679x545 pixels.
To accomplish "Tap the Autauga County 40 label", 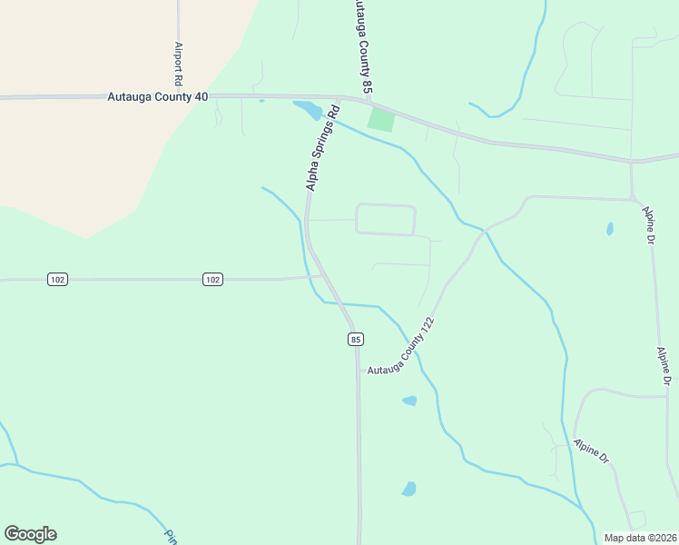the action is click(158, 95).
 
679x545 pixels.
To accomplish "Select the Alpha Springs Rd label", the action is click(322, 149).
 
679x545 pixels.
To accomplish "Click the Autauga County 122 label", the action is click(402, 351).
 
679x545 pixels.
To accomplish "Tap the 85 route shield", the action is click(355, 339).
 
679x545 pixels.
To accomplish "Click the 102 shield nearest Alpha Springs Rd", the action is click(212, 280).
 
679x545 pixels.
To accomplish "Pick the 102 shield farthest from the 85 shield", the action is click(57, 280).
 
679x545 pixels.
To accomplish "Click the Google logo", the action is click(30, 534).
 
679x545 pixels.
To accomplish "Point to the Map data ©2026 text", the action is click(640, 538).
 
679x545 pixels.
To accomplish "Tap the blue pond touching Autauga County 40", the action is click(307, 110).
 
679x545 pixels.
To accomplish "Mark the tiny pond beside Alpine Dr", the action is click(609, 229).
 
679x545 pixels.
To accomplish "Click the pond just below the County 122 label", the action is click(409, 400).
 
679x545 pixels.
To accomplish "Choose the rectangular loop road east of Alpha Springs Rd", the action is click(385, 220).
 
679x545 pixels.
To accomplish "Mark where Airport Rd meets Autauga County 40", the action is click(179, 95).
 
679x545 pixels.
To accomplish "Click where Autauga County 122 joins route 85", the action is click(358, 370).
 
